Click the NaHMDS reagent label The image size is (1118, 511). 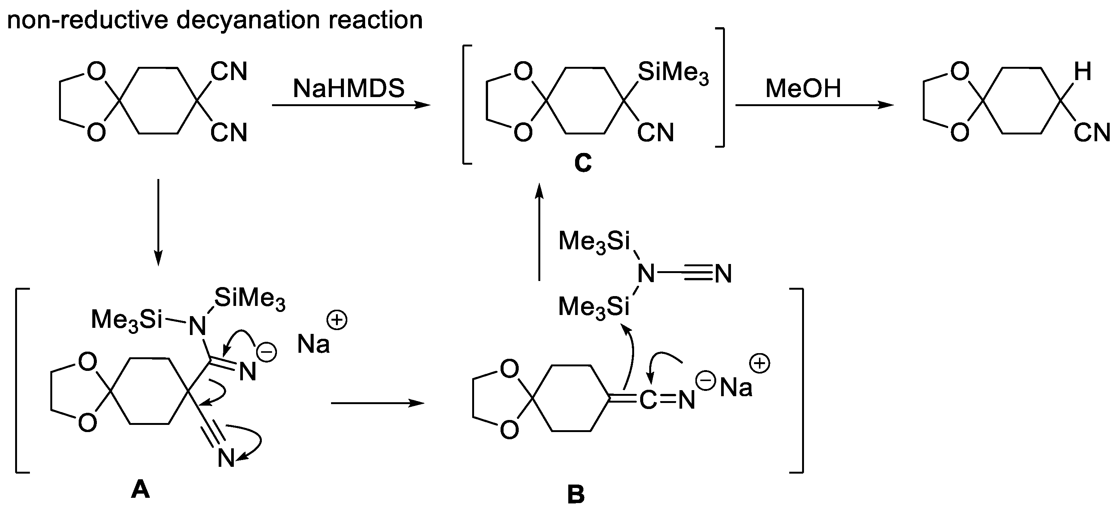click(x=348, y=88)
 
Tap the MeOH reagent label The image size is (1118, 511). click(x=803, y=88)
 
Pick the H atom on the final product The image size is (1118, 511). click(x=1082, y=71)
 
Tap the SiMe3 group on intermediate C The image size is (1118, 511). click(x=673, y=73)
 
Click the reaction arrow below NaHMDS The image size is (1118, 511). click(x=351, y=105)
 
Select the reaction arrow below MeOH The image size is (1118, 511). click(x=814, y=105)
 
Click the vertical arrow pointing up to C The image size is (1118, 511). click(x=539, y=232)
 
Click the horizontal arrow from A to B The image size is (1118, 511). click(x=377, y=403)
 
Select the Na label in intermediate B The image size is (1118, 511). click(x=735, y=387)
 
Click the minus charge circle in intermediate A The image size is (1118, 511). click(x=267, y=352)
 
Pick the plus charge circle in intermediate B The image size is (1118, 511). click(x=760, y=363)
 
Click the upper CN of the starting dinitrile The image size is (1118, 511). click(x=229, y=71)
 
